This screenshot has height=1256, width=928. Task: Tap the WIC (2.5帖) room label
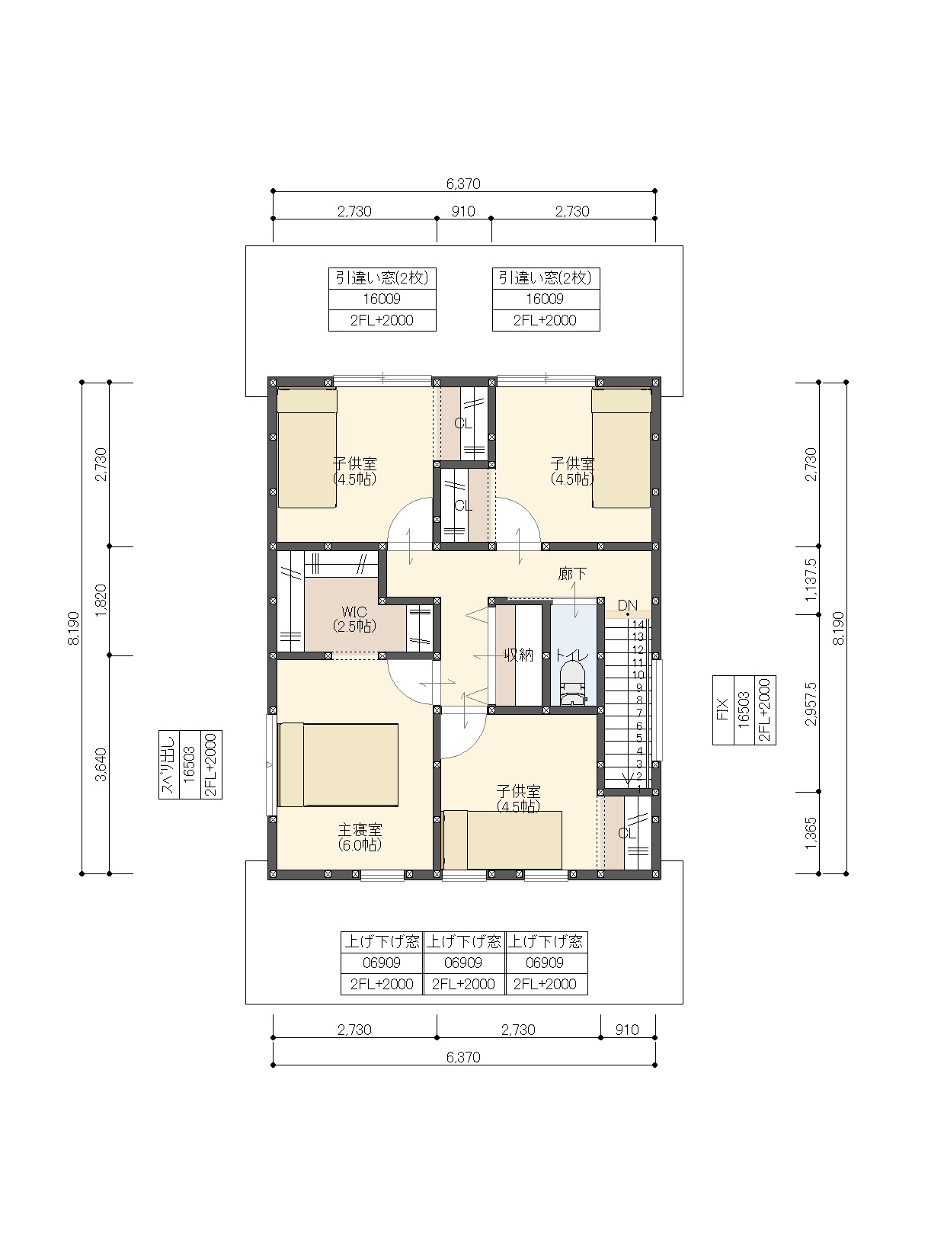(354, 620)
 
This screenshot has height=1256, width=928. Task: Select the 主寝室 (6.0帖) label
(360, 838)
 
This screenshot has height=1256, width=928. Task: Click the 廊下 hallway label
(572, 574)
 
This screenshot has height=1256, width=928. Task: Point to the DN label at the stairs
(627, 605)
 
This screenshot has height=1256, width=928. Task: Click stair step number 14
(638, 625)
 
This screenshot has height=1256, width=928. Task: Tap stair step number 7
(639, 713)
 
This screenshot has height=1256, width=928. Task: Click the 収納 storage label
(519, 655)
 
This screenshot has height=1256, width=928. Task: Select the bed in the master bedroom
(338, 764)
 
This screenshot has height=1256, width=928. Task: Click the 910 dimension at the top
(463, 211)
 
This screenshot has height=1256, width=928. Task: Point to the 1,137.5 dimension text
(811, 580)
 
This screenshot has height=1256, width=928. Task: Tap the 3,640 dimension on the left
(101, 765)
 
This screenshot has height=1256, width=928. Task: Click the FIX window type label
(722, 710)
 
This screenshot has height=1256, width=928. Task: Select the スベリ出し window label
(168, 764)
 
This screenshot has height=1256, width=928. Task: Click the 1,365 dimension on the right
(811, 832)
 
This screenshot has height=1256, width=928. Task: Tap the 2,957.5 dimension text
(811, 704)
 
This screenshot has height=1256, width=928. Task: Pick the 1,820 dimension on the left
(101, 601)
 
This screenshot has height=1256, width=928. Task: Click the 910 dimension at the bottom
(627, 1030)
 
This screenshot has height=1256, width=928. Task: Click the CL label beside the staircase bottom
(627, 833)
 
